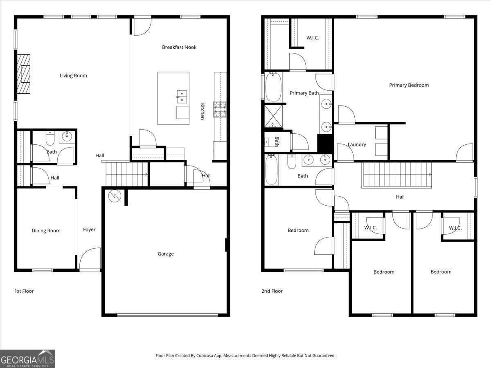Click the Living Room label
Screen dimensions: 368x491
click(x=73, y=76)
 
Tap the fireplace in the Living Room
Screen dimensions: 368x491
click(x=24, y=74)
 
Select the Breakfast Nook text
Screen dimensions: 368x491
click(x=179, y=47)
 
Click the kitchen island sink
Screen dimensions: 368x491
click(x=182, y=96)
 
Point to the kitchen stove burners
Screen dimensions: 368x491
click(x=220, y=109)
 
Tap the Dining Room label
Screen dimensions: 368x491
click(x=46, y=231)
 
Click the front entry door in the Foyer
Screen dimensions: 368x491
click(x=90, y=260)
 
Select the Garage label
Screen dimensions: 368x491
click(x=166, y=254)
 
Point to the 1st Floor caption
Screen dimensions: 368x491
click(x=24, y=291)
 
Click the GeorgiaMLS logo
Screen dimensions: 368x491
click(x=27, y=359)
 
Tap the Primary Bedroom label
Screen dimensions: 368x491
click(x=409, y=85)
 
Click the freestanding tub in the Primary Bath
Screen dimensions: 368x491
click(x=273, y=87)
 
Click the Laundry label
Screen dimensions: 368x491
click(x=357, y=145)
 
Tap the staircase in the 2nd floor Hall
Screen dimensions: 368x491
click(x=397, y=175)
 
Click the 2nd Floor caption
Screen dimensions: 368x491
click(x=272, y=291)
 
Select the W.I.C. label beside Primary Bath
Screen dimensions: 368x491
click(x=313, y=38)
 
